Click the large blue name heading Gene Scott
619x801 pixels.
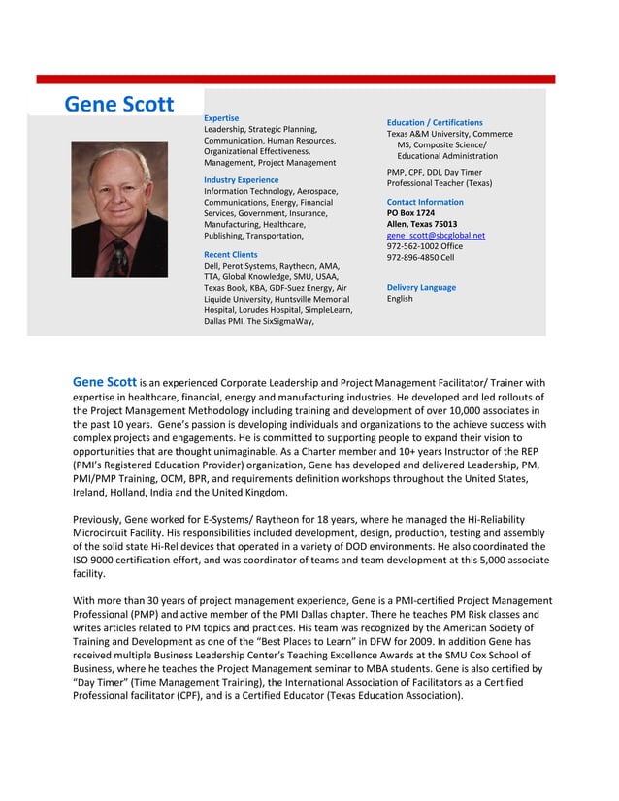118,105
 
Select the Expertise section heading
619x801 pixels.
221,118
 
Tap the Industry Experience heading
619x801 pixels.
241,180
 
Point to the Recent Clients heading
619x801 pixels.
230,254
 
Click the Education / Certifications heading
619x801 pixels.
435,123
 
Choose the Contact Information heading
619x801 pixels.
425,202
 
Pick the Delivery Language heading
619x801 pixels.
421,287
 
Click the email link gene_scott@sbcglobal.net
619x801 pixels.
436,235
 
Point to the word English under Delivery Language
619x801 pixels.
400,299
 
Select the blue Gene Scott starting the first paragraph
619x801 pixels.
104,381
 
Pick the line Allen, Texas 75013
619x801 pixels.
422,224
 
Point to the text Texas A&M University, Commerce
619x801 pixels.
449,135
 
